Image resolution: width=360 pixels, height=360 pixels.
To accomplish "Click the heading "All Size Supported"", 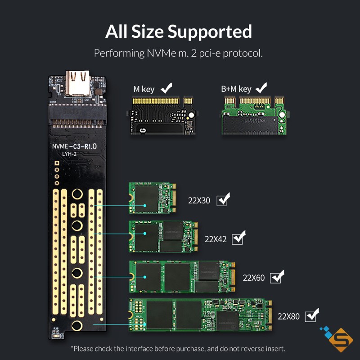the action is pos(179,32).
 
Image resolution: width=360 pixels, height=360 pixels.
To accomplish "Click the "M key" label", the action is pos(144,89).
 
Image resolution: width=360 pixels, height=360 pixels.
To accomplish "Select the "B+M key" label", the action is pos(236,89).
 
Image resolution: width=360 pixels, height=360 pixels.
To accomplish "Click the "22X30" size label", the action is pos(199,201).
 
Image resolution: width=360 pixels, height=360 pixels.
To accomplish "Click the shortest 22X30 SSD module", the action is pos(151,198).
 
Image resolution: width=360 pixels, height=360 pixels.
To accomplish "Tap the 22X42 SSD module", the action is pos(163,236).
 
